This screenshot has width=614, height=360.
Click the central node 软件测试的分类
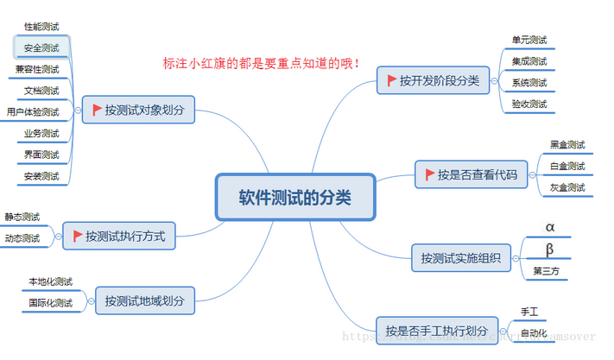coord(294,197)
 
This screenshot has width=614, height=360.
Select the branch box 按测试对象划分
coord(138,110)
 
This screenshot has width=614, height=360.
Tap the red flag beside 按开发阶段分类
coord(389,80)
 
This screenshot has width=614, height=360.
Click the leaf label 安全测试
coord(41,47)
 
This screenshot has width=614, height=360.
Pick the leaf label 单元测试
coord(529,41)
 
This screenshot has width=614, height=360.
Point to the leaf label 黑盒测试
coord(567,144)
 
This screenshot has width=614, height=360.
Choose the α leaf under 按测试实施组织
coord(549,227)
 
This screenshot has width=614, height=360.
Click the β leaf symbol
coord(549,250)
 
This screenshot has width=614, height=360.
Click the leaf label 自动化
coord(533,332)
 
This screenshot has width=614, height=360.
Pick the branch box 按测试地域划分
coord(144,300)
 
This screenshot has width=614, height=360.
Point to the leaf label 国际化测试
coord(50,303)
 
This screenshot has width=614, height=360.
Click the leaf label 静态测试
coord(22,217)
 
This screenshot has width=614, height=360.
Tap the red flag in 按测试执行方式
coord(78,236)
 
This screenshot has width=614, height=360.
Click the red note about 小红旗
coord(261,63)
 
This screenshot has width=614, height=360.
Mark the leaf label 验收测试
coord(529,104)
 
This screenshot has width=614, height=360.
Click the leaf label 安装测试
coord(41,176)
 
